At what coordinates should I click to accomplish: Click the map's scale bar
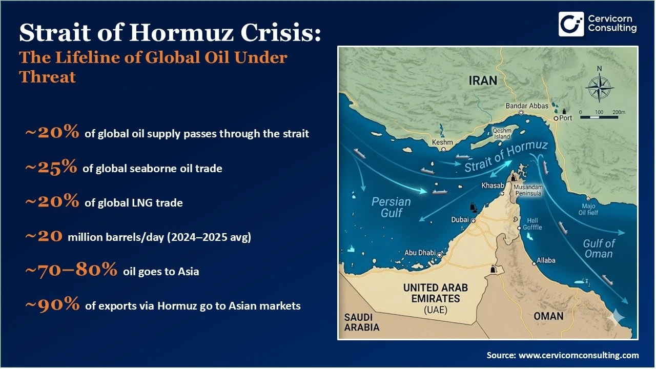coord(600,116)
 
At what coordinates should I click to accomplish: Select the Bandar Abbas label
coord(527,106)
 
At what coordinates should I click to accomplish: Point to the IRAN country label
coord(483,80)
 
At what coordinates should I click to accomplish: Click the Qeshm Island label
coord(502,134)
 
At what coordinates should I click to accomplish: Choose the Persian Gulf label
coord(392,207)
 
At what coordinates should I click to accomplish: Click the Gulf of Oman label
coord(599,249)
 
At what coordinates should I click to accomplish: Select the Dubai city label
coord(460,220)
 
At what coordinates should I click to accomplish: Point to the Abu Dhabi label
coord(420,253)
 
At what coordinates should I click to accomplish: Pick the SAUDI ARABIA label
coord(362,322)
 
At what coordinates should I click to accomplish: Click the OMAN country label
coord(548,316)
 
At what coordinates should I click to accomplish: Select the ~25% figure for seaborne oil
coord(51,168)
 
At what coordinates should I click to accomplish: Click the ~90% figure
coord(52,305)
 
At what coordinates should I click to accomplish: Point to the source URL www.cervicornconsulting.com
coord(579,355)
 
